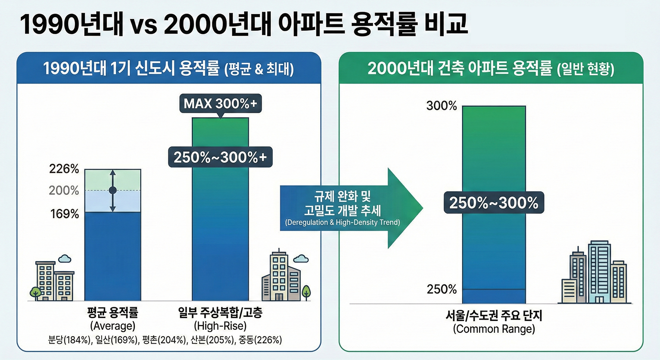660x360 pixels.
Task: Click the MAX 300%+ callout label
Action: [220, 104]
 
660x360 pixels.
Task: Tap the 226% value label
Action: [64, 169]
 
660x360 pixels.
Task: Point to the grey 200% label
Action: [64, 191]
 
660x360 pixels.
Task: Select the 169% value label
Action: [65, 214]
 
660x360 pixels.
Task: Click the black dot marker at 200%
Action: [113, 190]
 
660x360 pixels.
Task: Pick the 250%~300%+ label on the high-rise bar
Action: [220, 157]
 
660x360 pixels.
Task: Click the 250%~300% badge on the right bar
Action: [494, 203]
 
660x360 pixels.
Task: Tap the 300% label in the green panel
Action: [441, 106]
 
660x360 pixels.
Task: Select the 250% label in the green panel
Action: [441, 290]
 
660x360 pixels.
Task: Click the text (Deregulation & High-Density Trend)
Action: [342, 223]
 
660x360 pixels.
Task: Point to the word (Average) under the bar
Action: [113, 326]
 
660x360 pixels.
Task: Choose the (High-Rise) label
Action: [220, 326]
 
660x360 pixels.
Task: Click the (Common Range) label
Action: [494, 329]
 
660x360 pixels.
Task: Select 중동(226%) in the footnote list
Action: [260, 340]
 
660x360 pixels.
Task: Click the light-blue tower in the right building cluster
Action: [599, 271]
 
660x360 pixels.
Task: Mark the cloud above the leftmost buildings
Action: [65, 259]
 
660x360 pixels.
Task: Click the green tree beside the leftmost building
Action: [36, 293]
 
